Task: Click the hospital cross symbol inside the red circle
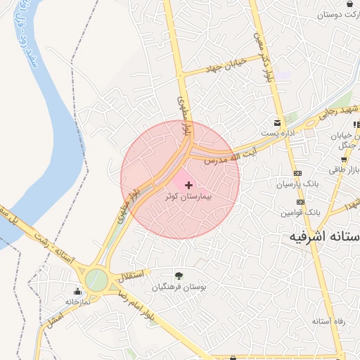click(188, 185)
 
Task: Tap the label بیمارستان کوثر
click(188, 198)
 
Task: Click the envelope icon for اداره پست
click(278, 122)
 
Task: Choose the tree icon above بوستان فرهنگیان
click(178, 276)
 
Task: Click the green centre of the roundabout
click(97, 281)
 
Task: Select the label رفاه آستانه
click(328, 321)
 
